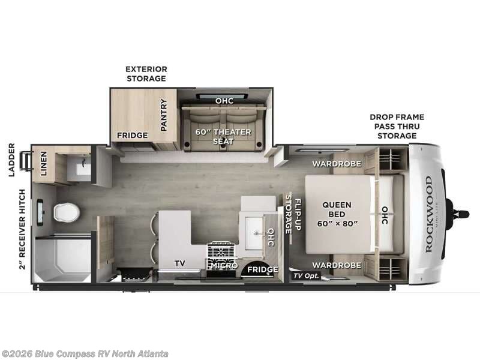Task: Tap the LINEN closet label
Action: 44,163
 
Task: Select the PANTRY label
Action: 164,115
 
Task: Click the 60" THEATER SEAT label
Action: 223,137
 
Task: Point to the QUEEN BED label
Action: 337,214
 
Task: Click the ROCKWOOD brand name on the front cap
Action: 428,214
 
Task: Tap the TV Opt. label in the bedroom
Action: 306,275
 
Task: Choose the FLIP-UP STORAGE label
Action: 293,214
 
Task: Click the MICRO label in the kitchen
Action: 224,265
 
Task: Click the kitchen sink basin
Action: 254,233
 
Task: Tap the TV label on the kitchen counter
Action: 180,263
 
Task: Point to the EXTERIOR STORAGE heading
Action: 146,74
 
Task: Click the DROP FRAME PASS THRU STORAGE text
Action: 397,126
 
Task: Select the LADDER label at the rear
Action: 11,160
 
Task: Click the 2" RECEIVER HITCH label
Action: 22,229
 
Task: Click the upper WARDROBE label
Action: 337,164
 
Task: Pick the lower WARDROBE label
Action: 337,265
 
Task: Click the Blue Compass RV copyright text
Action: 84,354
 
